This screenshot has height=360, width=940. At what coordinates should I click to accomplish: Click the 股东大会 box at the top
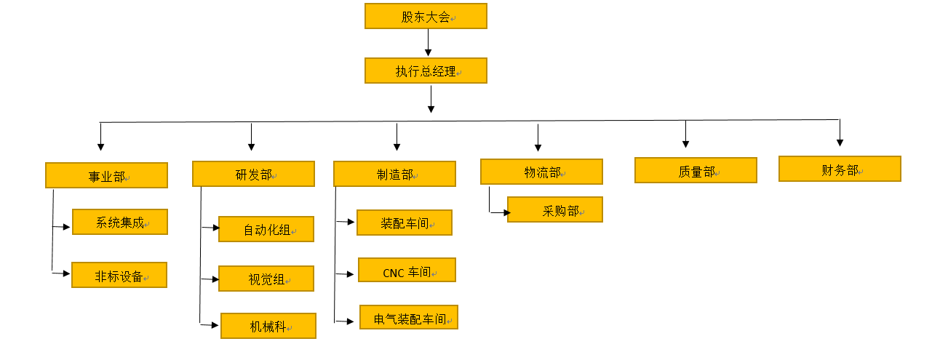pos(426,16)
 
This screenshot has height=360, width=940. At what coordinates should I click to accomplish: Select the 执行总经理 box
pos(426,71)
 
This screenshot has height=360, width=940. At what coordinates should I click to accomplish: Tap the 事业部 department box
pos(106,175)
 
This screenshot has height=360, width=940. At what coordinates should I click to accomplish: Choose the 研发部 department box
pos(253,174)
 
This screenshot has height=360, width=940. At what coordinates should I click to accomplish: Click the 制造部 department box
pos(394,174)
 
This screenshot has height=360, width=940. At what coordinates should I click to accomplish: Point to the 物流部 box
pos(541,172)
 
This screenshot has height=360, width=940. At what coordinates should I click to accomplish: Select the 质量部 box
pos(696,170)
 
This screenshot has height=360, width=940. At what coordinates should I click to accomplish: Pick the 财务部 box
pos(840,169)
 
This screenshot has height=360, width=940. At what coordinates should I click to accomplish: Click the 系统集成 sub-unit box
pos(120,222)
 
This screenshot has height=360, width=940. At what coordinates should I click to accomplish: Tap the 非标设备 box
pos(119,275)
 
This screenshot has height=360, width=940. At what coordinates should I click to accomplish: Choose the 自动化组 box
pos(266,229)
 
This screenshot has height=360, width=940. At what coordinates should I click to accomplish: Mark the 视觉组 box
pos(266,279)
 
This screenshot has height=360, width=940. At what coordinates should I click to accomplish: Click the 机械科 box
pos(268,326)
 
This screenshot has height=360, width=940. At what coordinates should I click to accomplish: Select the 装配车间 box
pos(405,223)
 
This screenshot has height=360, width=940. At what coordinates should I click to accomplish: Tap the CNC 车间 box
pos(407,270)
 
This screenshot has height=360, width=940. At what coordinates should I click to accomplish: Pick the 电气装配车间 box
pos(409,317)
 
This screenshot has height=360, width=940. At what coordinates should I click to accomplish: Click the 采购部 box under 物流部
pos(555,209)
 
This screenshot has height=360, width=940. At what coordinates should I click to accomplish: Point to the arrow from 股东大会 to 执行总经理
pos(429,43)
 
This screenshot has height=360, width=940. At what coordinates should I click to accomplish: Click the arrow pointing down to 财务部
pos(840,133)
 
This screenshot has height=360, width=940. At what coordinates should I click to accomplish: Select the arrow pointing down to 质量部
pos(685,135)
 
